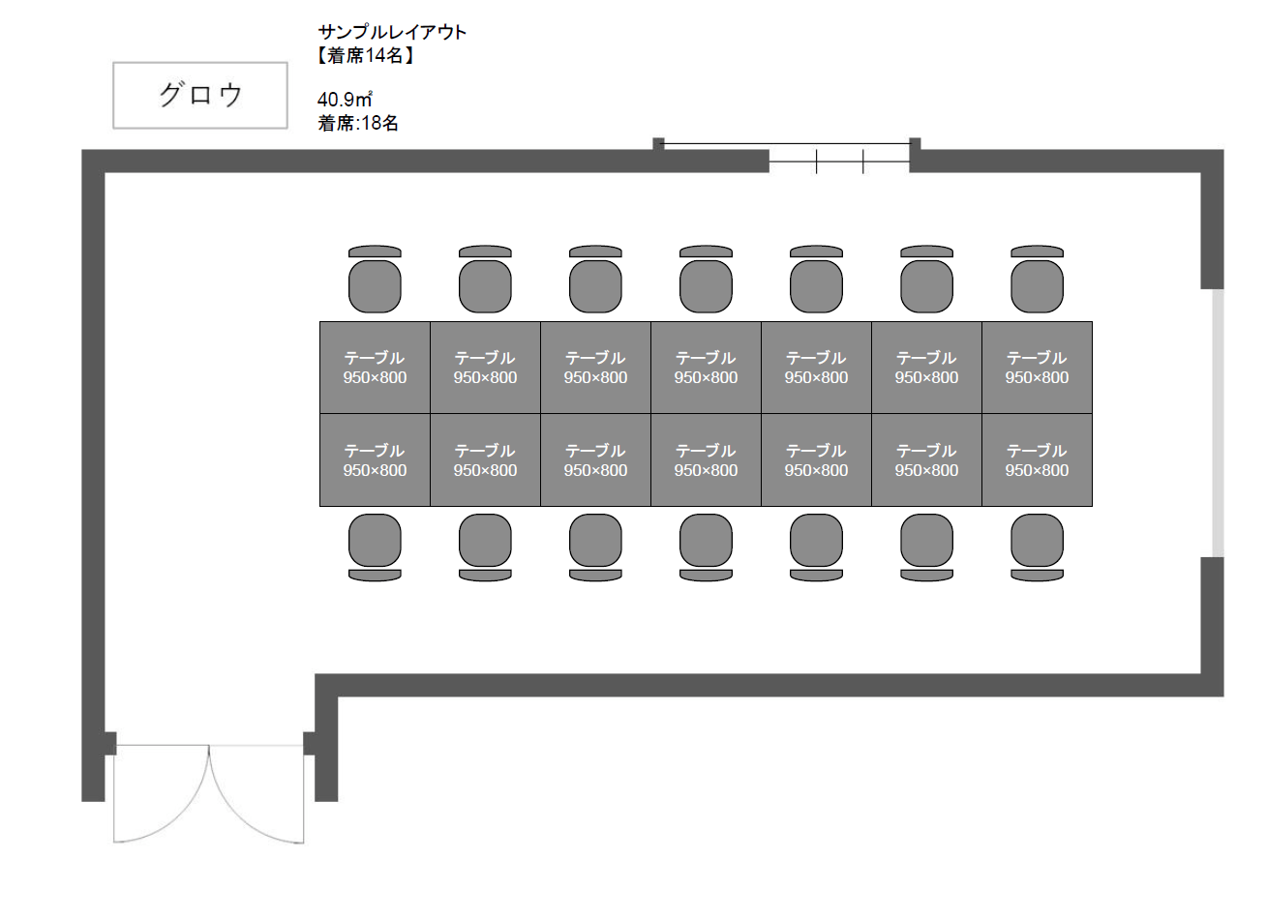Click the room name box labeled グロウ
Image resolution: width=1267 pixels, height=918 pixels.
pyautogui.click(x=200, y=96)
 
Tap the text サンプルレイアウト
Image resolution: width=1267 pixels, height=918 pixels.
pyautogui.click(x=393, y=32)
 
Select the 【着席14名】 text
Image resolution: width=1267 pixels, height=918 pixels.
pyautogui.click(x=366, y=55)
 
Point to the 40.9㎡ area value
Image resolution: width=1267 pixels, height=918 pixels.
pyautogui.click(x=345, y=100)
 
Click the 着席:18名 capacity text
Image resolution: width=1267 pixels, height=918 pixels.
pyautogui.click(x=358, y=123)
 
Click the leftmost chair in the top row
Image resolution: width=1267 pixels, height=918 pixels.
pyautogui.click(x=375, y=280)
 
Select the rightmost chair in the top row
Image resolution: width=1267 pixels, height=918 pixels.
pyautogui.click(x=1037, y=280)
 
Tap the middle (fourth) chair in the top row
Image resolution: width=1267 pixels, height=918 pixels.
pyautogui.click(x=706, y=280)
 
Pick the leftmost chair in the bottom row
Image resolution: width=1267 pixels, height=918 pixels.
pyautogui.click(x=375, y=548)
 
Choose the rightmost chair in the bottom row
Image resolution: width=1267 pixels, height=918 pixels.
pyautogui.click(x=1037, y=548)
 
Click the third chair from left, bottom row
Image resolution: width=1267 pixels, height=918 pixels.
pyautogui.click(x=595, y=548)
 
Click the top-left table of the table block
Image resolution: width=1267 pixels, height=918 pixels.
pyautogui.click(x=375, y=368)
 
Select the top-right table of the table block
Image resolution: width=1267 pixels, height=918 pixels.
pyautogui.click(x=1037, y=368)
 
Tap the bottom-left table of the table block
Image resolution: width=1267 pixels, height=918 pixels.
pyautogui.click(x=375, y=460)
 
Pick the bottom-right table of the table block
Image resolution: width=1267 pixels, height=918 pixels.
pyautogui.click(x=1037, y=460)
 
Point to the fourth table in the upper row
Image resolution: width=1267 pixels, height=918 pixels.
pyautogui.click(x=706, y=368)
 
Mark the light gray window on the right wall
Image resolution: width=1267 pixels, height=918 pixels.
pyautogui.click(x=1218, y=423)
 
